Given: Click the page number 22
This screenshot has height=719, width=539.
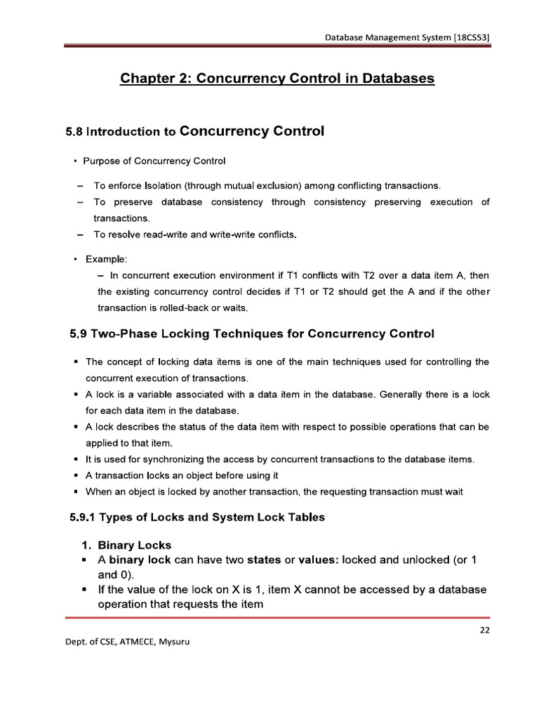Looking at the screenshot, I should (484, 630).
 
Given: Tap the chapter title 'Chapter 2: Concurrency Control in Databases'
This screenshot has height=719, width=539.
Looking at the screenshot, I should (278, 79).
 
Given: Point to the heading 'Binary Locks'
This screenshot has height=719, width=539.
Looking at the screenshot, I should (134, 545).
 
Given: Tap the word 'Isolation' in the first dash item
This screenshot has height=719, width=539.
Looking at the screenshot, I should (164, 186).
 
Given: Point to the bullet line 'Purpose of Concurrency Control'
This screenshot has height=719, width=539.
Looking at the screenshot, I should (154, 161).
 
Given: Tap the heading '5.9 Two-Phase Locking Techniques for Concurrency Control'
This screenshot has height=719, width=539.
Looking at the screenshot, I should (252, 334).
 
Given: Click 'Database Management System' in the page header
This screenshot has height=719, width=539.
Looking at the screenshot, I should (378, 37).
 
